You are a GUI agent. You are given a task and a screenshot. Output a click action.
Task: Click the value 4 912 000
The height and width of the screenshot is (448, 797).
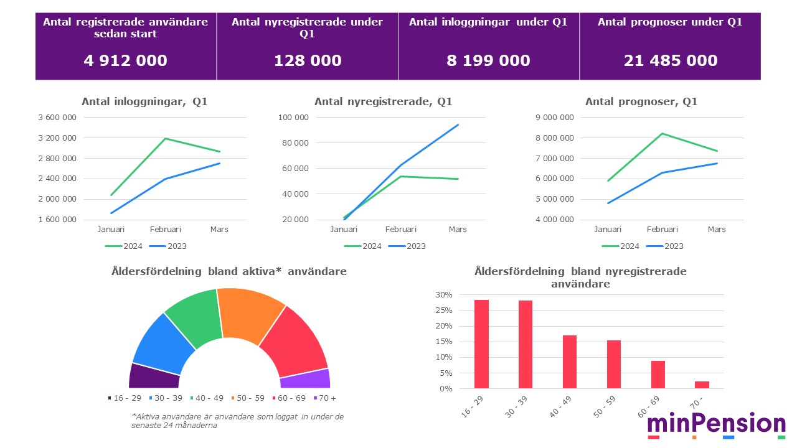pos(126,60)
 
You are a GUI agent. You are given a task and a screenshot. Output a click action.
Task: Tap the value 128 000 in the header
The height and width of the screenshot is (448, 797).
pos(308,60)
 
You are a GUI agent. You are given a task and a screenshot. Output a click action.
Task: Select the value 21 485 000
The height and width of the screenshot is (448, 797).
pos(671,60)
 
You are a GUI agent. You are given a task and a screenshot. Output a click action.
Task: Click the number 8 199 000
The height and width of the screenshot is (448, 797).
pos(488,60)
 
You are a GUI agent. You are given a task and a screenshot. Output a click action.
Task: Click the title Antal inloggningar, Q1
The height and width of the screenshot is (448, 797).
pos(144,101)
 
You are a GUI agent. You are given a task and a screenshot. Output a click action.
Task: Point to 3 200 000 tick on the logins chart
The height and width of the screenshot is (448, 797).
pos(57,138)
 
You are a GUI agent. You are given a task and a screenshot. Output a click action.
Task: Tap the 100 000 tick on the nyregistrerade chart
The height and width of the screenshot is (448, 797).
pos(293,117)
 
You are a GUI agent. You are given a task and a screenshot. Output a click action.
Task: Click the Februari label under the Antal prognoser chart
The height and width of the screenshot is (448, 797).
pos(661,229)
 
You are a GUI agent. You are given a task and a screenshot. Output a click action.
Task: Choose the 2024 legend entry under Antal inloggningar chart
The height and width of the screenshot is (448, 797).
pos(125,246)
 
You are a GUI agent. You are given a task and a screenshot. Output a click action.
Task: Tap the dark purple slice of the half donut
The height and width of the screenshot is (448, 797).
pos(153,375)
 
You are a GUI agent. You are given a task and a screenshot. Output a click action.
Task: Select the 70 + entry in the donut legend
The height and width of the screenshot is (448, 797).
pos(324,398)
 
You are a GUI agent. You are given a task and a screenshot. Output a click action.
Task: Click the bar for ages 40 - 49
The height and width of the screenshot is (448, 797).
pos(570,362)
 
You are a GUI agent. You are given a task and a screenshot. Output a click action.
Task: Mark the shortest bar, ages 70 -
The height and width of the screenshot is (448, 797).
pos(702,385)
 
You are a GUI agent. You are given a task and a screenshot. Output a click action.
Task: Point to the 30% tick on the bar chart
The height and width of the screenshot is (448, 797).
pos(445,295)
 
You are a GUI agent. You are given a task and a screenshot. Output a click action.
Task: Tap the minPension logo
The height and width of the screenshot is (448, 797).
pos(716,425)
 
